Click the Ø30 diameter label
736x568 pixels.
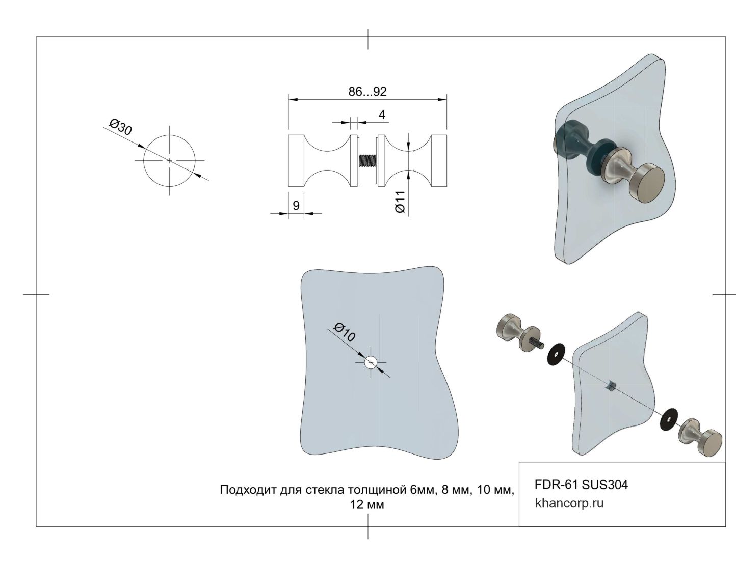click(121, 127)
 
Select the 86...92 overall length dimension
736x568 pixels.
click(367, 92)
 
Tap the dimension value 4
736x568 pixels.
click(382, 115)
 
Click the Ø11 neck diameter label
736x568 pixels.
click(400, 202)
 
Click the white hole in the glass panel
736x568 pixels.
click(371, 362)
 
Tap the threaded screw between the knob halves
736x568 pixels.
click(367, 161)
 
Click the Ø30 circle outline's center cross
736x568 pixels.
click(170, 160)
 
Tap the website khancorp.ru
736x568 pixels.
click(569, 503)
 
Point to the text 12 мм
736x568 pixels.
click(367, 505)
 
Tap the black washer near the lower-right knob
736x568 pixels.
click(669, 417)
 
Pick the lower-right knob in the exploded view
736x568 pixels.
click(702, 437)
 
